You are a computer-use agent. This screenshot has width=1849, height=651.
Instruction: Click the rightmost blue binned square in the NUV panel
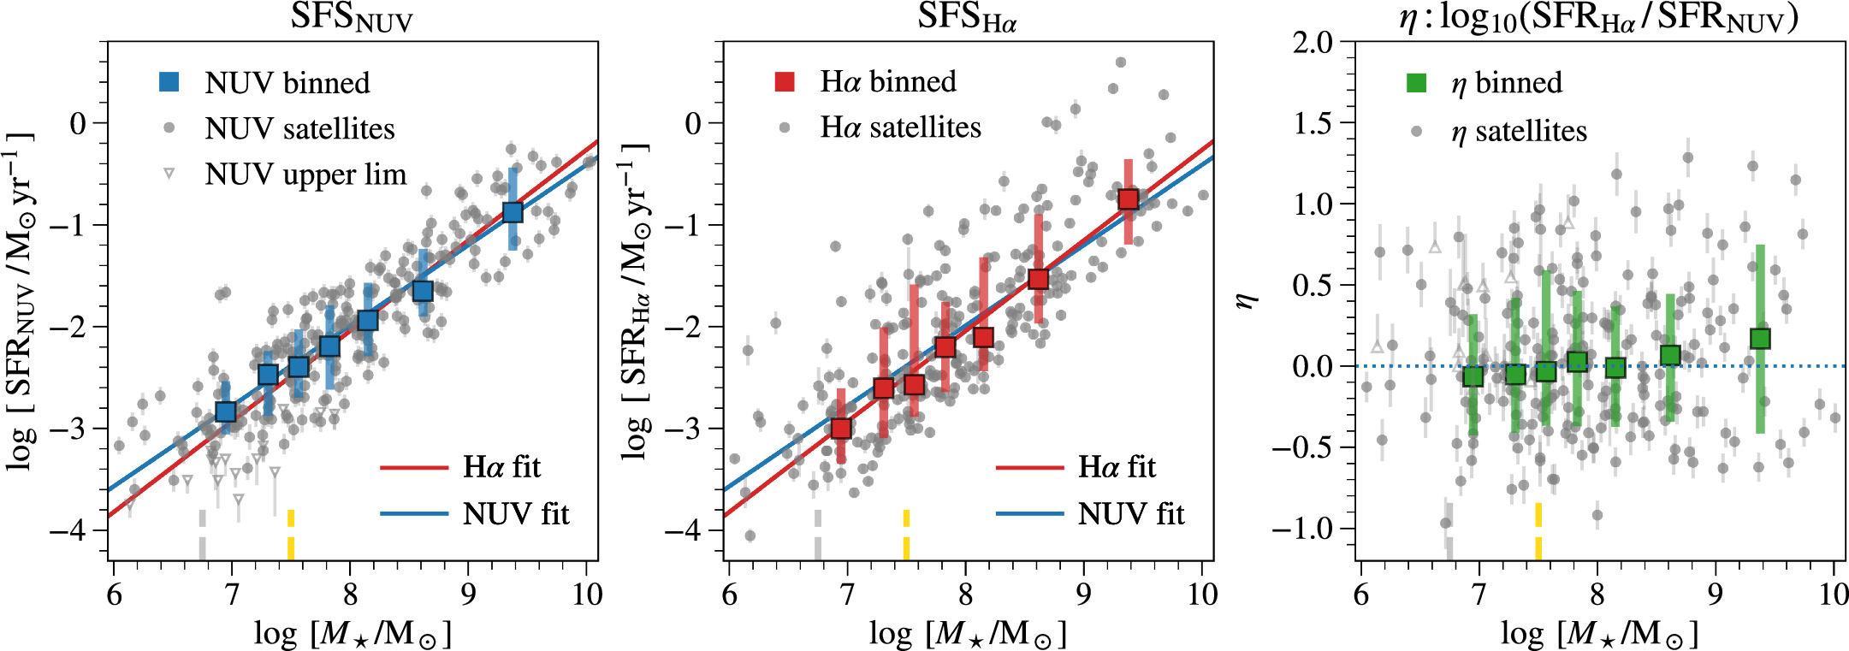click(x=513, y=212)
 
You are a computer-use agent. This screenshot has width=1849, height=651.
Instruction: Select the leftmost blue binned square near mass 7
click(x=226, y=411)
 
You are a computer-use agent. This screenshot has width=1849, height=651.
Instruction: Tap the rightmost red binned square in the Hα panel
click(x=1128, y=199)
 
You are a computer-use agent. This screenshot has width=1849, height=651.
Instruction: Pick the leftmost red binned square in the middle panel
click(x=841, y=428)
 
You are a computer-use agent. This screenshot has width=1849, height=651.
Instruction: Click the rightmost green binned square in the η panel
click(x=1760, y=339)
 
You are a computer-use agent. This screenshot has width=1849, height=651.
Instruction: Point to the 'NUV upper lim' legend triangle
click(x=169, y=175)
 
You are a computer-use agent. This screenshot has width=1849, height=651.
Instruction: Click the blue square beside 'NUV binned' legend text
click(x=169, y=82)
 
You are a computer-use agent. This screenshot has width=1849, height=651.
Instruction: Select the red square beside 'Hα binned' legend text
click(x=785, y=81)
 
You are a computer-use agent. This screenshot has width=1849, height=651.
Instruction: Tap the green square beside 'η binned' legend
click(x=1416, y=83)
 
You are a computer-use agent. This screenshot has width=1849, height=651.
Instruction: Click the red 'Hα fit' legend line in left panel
click(x=413, y=468)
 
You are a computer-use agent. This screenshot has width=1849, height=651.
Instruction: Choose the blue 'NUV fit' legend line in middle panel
click(x=1029, y=514)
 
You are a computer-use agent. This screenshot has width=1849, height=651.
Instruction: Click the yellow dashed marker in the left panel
click(x=291, y=535)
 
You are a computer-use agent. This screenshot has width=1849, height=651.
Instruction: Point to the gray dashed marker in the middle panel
click(x=818, y=535)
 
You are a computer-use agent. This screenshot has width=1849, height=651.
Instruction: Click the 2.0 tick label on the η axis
click(x=1313, y=43)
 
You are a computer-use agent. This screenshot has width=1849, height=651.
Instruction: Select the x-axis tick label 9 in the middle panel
click(x=1084, y=595)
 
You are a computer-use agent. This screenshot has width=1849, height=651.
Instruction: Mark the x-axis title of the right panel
click(x=1598, y=634)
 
